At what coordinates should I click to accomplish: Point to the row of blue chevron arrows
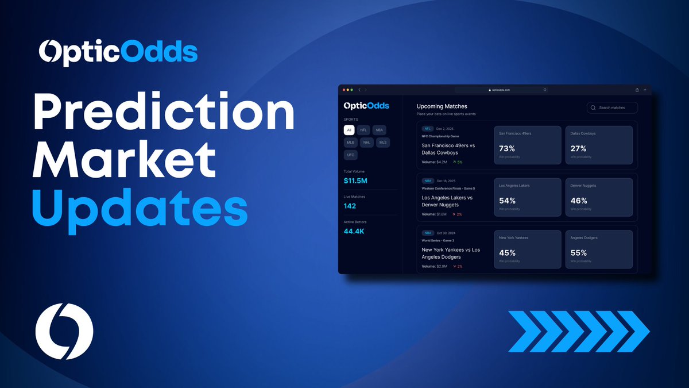(x=579, y=331)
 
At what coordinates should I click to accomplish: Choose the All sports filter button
(x=349, y=130)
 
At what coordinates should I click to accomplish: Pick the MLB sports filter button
(x=350, y=142)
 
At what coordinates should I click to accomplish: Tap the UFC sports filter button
(x=350, y=155)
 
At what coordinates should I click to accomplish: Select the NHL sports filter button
(x=367, y=142)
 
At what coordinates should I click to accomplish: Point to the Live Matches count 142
(x=350, y=206)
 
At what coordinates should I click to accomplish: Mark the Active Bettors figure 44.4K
(x=354, y=231)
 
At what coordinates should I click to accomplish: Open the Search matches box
(x=612, y=107)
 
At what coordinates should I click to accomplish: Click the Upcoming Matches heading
(x=442, y=106)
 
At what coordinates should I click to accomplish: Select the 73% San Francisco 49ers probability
(x=507, y=148)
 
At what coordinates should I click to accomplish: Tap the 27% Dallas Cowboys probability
(x=578, y=148)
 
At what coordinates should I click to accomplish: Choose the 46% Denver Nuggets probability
(x=579, y=201)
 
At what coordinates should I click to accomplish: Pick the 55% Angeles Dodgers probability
(x=579, y=252)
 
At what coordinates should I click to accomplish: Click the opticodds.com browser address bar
(x=501, y=90)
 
